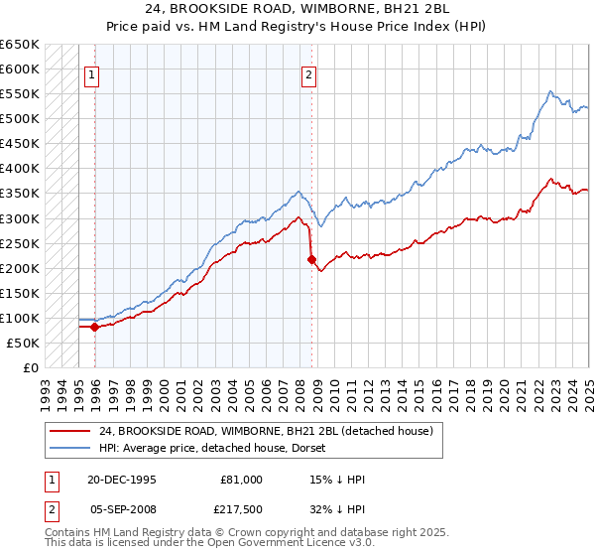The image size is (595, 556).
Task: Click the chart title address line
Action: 297,11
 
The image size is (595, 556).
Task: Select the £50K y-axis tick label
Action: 24,343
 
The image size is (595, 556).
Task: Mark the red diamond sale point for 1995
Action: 94,327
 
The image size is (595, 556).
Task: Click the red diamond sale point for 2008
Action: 311,259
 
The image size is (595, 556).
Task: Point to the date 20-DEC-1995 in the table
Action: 122,480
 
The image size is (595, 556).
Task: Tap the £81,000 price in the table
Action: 241,480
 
